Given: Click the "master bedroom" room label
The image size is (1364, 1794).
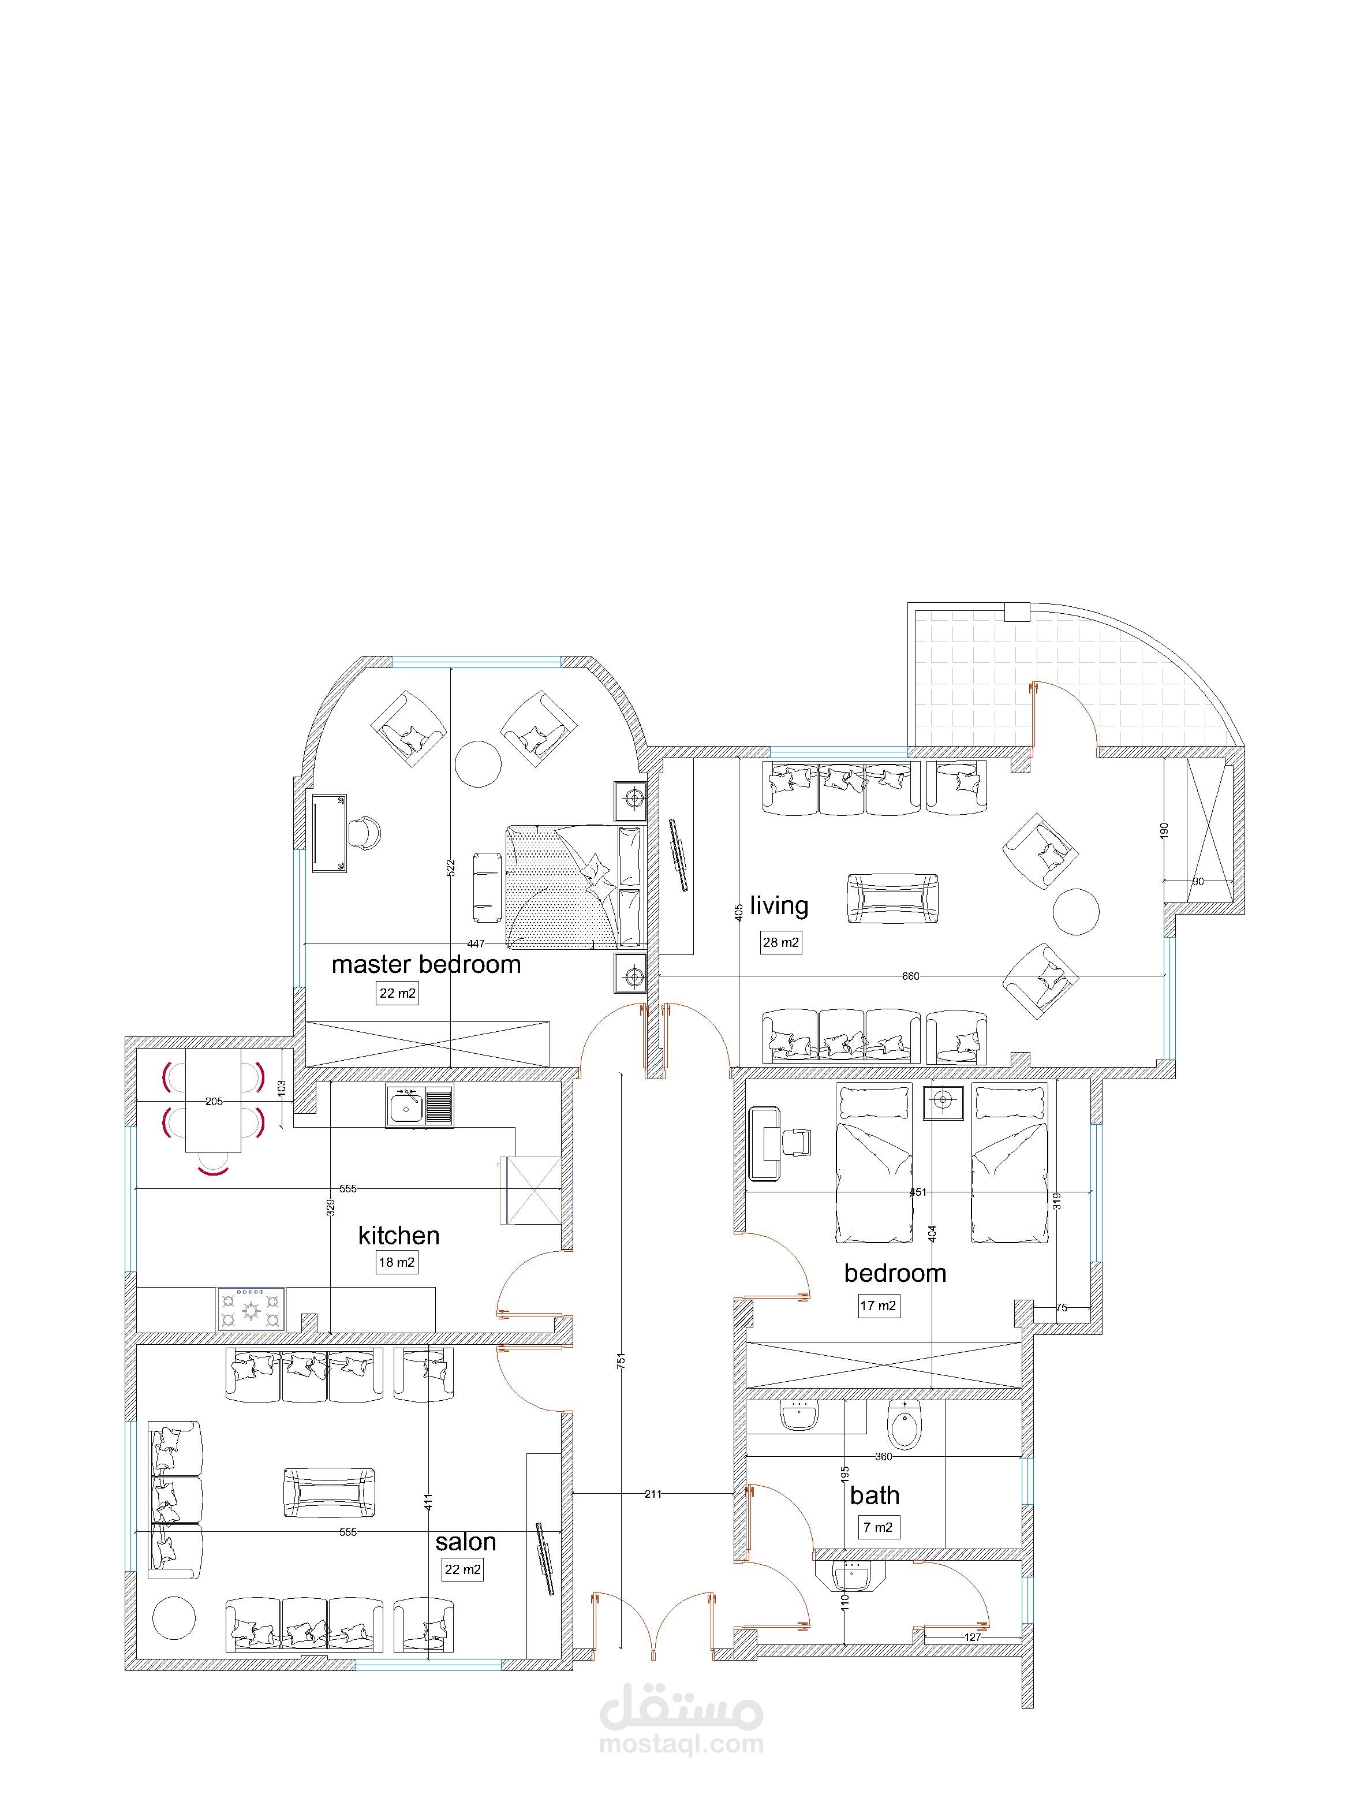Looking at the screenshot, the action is [426, 965].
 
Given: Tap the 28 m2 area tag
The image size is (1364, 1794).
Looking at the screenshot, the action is [781, 942].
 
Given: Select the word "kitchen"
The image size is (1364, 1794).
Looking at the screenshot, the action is [399, 1236].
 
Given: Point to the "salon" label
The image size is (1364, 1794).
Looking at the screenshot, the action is [465, 1542].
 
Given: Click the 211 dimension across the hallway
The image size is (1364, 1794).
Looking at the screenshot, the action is [653, 1494].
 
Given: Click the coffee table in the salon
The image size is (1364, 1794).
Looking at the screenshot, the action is [329, 1493].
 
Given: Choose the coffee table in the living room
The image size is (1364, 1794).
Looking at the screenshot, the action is [892, 898].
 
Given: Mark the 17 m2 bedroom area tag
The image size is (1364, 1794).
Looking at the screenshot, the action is [879, 1306].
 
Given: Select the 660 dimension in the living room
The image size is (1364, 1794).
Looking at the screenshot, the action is [910, 976].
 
